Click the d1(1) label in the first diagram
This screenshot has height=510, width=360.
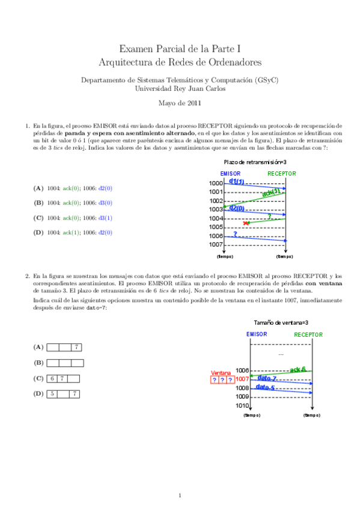pyautogui.click(x=236, y=182)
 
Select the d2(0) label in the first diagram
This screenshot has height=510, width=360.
pyautogui.click(x=236, y=208)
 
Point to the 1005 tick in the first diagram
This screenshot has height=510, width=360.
pyautogui.click(x=216, y=227)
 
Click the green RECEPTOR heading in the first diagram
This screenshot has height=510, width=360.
pyautogui.click(x=282, y=173)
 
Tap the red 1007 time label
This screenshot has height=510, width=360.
pyautogui.click(x=242, y=379)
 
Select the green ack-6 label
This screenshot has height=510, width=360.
pyautogui.click(x=297, y=369)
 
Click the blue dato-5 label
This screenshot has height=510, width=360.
pyautogui.click(x=266, y=388)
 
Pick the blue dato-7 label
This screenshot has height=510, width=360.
pyautogui.click(x=266, y=379)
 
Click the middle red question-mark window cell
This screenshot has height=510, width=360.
pyautogui.click(x=222, y=380)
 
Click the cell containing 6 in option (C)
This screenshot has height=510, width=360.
pyautogui.click(x=52, y=379)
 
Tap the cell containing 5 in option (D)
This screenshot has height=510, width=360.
pyautogui.click(x=52, y=395)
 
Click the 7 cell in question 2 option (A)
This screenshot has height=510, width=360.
pyautogui.click(x=77, y=348)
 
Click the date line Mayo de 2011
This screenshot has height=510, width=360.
pyautogui.click(x=180, y=103)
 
